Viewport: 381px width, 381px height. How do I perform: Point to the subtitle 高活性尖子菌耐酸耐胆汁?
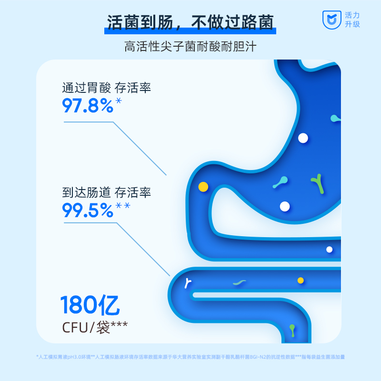pyautogui.click(x=190, y=47)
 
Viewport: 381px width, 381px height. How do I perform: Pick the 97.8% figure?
pyautogui.click(x=88, y=105)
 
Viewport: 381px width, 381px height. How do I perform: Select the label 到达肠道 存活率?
pyautogui.click(x=106, y=193)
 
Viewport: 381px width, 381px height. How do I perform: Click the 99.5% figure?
pyautogui.click(x=88, y=210)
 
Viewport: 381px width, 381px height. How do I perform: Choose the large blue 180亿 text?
pyautogui.click(x=90, y=305)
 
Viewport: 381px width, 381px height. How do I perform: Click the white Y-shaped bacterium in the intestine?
pyautogui.click(x=189, y=283)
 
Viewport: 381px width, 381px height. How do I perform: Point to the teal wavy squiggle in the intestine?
pyautogui.click(x=240, y=282)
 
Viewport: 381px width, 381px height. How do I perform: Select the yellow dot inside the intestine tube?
pyautogui.click(x=301, y=281)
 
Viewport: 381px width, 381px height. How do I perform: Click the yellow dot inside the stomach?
pyautogui.click(x=203, y=187)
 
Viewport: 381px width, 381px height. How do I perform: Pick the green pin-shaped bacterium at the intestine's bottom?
pyautogui.click(x=292, y=329)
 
